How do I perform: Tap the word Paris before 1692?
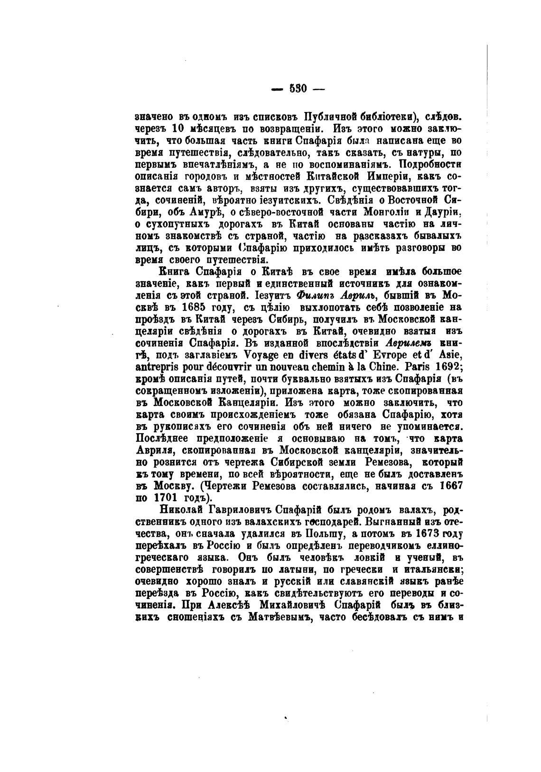pyautogui.click(x=404, y=366)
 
